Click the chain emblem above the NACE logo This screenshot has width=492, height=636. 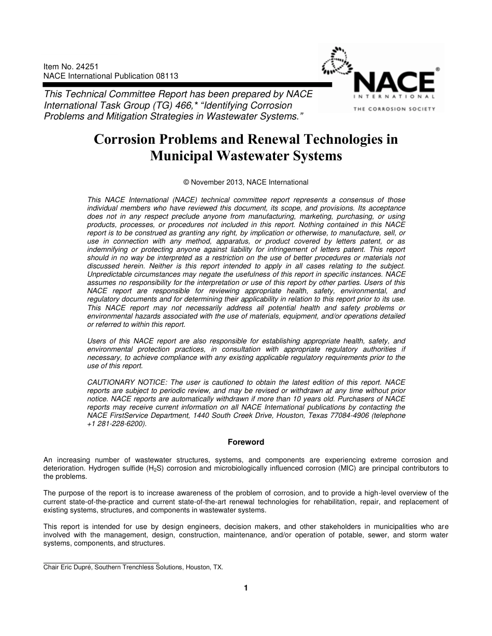click(335, 62)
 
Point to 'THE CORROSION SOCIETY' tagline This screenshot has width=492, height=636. click(394, 109)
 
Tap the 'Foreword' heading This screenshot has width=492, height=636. click(246, 442)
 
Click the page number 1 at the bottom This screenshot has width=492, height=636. click(246, 588)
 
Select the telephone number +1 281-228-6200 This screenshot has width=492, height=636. click(117, 423)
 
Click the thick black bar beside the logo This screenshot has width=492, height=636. click(186, 84)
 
